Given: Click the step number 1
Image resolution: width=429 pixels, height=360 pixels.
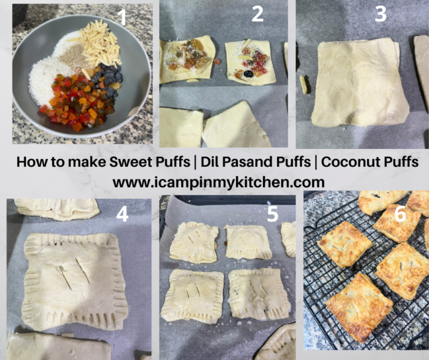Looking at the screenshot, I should tap(123, 17).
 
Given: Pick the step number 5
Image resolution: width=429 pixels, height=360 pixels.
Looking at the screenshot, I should tap(272, 213).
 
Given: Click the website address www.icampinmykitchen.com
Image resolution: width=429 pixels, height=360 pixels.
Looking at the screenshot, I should tap(219, 181).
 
